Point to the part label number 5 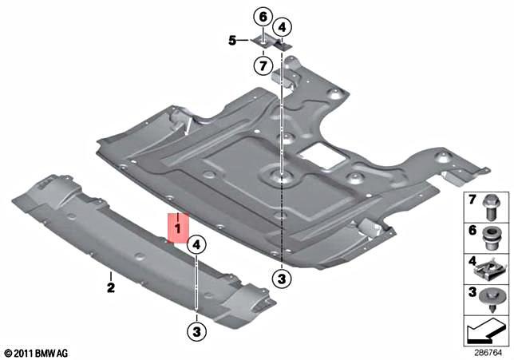click(232, 39)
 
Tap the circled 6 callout click(263, 16)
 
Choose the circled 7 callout click(263, 63)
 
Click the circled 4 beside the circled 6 click(284, 26)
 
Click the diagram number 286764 click(488, 351)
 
